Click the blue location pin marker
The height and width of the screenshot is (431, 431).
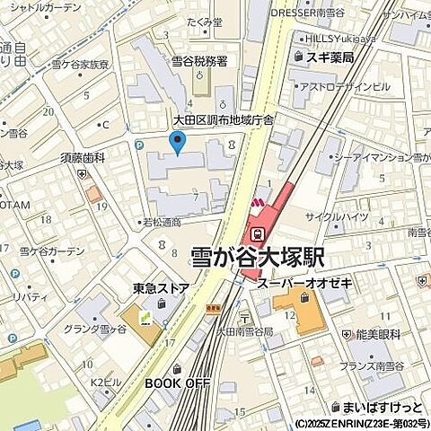pyautogui.click(x=178, y=142)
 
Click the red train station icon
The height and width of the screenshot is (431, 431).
pyautogui.click(x=258, y=233)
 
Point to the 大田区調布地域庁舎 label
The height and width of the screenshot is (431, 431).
pyautogui.click(x=223, y=119)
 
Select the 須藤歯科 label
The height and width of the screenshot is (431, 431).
pyautogui.click(x=84, y=157)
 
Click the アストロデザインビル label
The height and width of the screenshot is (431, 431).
pyautogui.click(x=345, y=86)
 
